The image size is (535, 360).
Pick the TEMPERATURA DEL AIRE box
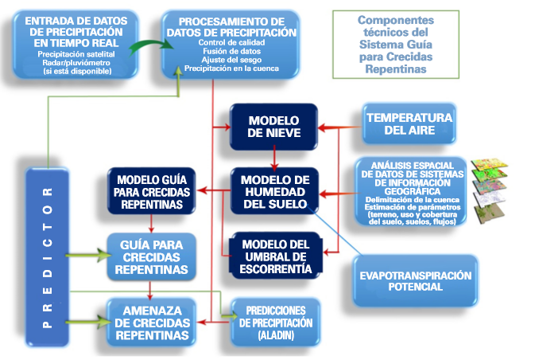(409, 123)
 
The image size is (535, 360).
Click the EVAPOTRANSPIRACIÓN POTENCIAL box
(414, 281)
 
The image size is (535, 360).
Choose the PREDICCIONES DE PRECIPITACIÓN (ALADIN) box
(273, 322)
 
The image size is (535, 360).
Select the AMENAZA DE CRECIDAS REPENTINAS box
(150, 322)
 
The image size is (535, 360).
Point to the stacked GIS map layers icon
(490, 190)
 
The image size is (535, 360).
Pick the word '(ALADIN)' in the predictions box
(273, 335)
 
